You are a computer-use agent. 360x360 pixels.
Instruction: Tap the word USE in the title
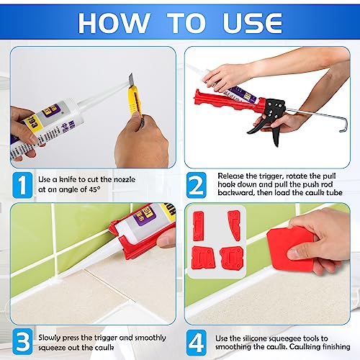[x=256, y=22]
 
